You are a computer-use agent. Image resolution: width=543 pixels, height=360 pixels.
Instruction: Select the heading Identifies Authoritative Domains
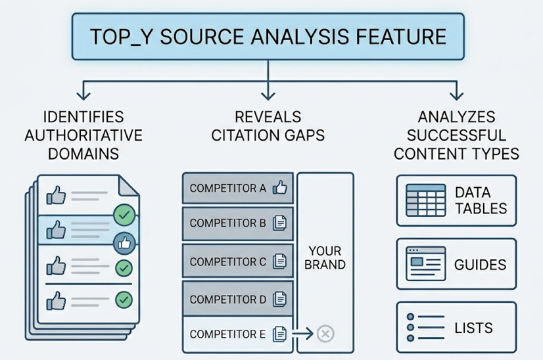(x=83, y=135)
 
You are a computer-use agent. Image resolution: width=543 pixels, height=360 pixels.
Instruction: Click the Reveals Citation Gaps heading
(x=268, y=126)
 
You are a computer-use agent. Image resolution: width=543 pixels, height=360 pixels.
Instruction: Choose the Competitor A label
(x=227, y=189)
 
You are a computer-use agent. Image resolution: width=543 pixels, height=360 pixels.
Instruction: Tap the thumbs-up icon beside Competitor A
(x=280, y=188)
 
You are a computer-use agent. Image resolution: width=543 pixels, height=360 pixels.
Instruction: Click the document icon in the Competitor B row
(x=280, y=223)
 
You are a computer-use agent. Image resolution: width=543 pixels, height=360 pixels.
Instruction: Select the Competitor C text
(x=227, y=261)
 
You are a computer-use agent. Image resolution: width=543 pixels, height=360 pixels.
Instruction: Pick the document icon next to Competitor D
(x=280, y=300)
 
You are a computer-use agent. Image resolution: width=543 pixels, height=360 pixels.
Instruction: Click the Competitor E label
(x=227, y=334)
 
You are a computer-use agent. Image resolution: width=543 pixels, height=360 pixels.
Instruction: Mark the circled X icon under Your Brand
(x=325, y=334)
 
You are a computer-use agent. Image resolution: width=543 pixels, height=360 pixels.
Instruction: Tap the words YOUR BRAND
(x=325, y=258)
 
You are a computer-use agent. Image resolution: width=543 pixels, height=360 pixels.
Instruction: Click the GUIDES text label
(x=480, y=265)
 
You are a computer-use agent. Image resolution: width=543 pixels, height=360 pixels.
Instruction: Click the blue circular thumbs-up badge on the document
(x=124, y=242)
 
